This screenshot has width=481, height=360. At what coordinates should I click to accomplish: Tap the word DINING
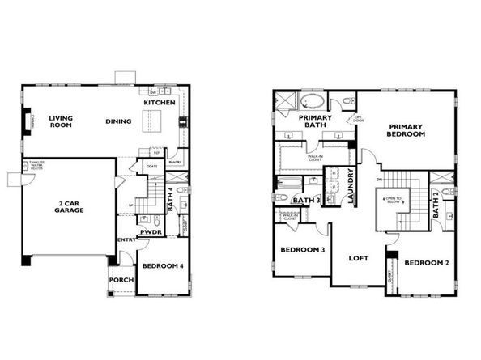(x=118, y=122)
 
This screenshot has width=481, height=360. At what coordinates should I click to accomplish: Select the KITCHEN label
(x=159, y=104)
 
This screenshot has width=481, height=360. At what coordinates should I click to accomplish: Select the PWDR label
(x=151, y=232)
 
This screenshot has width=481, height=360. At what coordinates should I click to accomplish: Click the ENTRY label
(x=126, y=239)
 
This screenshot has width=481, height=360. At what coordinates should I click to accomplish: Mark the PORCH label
(x=121, y=281)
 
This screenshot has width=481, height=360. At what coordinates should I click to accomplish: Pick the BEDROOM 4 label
(x=163, y=266)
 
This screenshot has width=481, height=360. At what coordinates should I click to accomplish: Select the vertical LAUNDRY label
(x=350, y=184)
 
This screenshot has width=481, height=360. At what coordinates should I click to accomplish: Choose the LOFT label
(x=359, y=260)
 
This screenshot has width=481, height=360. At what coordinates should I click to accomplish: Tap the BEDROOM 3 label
(x=303, y=250)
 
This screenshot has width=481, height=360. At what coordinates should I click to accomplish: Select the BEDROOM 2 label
(x=426, y=263)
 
